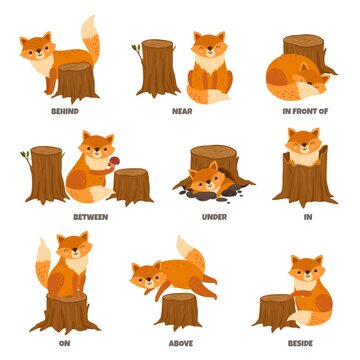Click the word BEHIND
[x=65, y=112]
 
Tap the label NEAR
[x=182, y=112]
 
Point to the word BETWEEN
[x=90, y=216]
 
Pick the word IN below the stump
[x=307, y=216]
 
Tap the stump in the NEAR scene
[x=157, y=68]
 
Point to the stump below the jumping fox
[x=178, y=310]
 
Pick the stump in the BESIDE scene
[x=274, y=311]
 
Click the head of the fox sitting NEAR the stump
[x=209, y=46]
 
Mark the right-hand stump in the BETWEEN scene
[x=131, y=185]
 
